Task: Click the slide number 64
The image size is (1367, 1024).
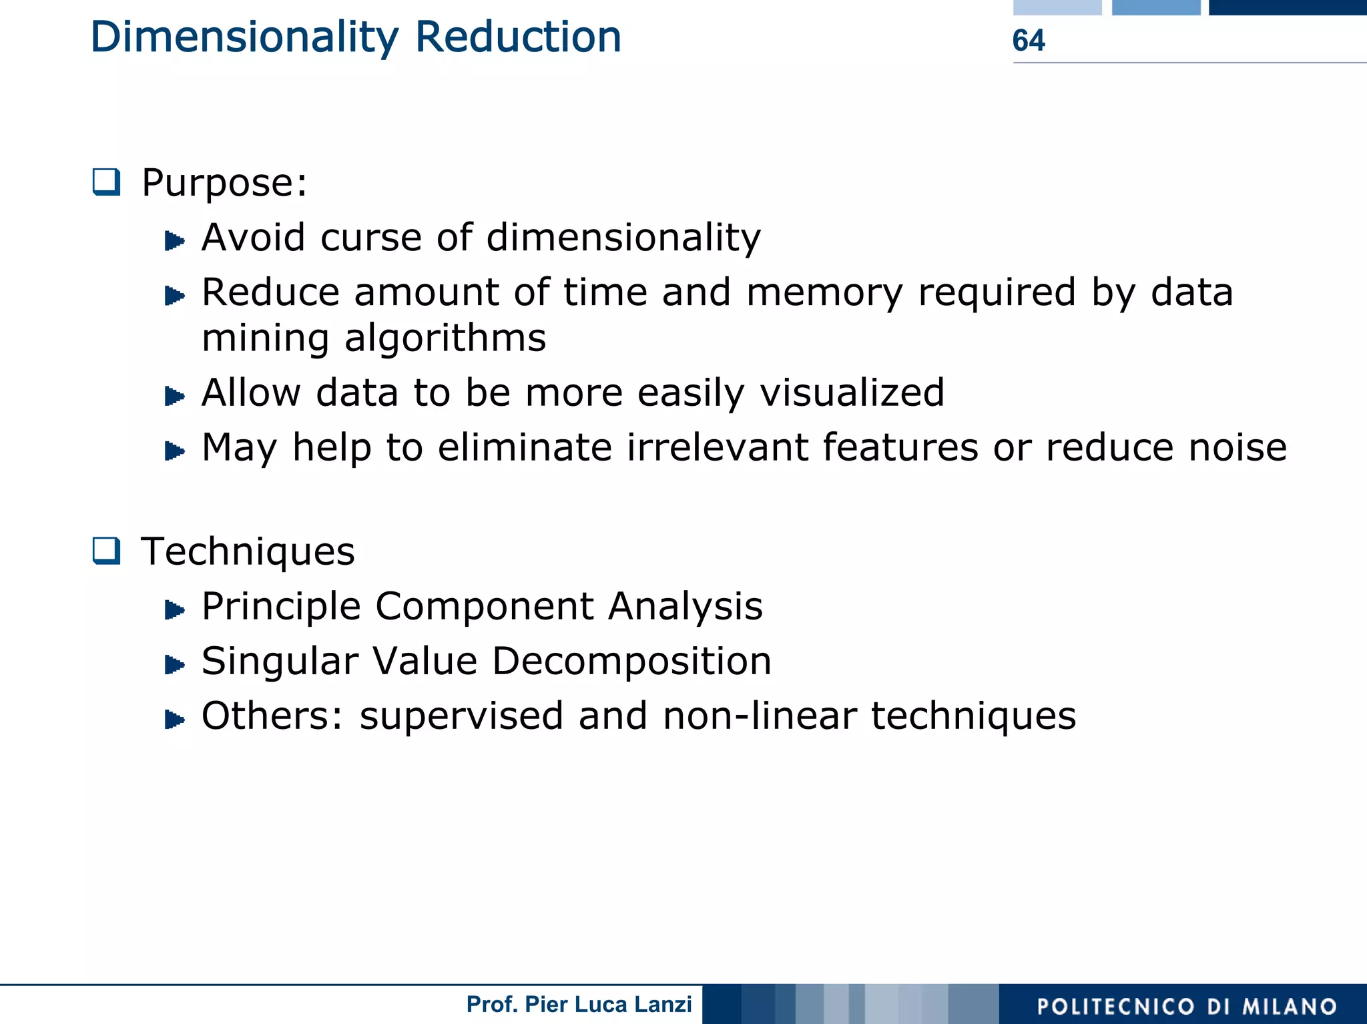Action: (x=1028, y=40)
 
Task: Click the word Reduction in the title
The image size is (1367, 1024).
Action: (x=518, y=37)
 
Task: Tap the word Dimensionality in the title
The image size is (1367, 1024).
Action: (x=244, y=38)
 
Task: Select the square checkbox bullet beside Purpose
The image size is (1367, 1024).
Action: (x=107, y=182)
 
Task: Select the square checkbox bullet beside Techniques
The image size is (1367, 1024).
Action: (x=107, y=551)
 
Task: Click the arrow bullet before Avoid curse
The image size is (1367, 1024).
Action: (x=174, y=240)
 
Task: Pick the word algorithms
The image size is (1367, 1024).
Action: (x=445, y=338)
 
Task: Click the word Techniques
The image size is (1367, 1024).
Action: (x=248, y=552)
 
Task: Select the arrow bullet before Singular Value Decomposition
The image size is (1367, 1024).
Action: (x=174, y=665)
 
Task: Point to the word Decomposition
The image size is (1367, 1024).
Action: (x=631, y=662)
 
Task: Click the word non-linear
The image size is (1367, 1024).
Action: (x=760, y=716)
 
